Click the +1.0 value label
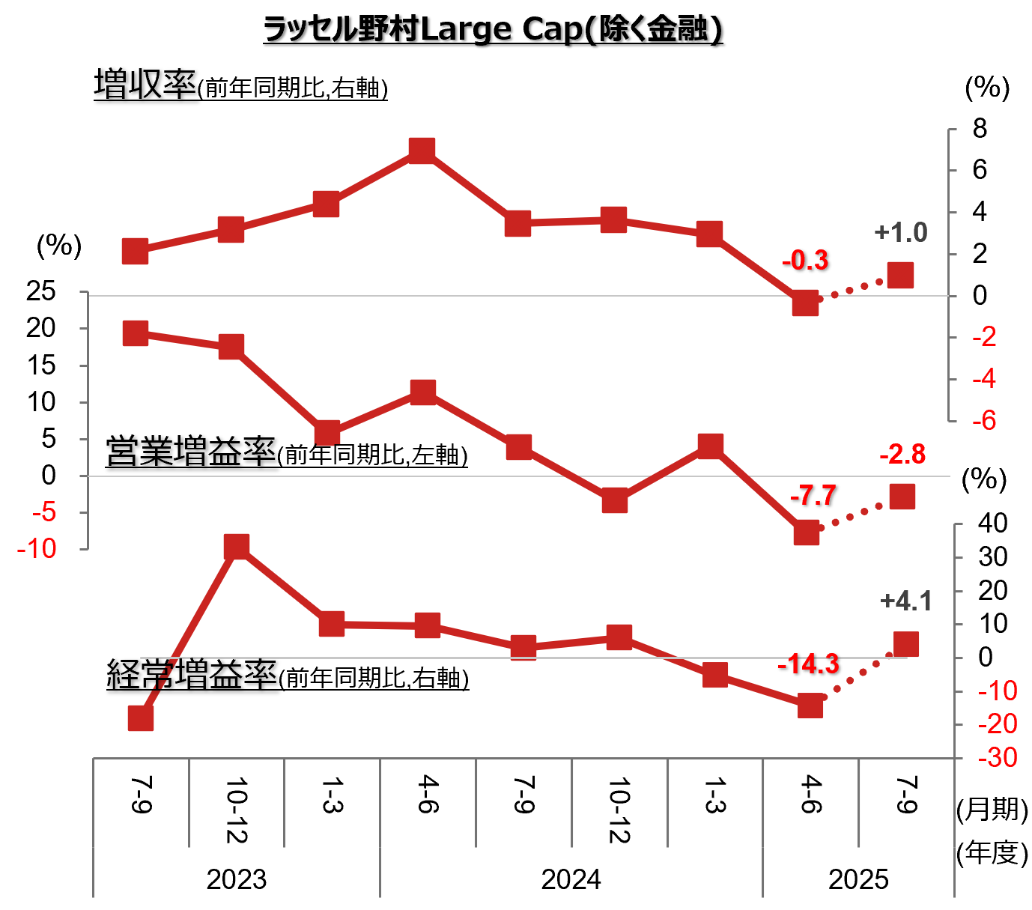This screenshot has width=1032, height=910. [900, 233]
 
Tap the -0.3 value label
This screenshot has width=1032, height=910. [805, 261]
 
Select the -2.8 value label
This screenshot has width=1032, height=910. [902, 455]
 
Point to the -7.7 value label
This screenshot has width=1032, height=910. [813, 496]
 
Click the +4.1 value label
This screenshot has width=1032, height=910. [905, 601]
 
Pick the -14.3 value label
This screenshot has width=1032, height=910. [808, 665]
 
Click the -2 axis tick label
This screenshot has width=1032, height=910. [984, 337]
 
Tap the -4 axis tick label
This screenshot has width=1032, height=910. [984, 379]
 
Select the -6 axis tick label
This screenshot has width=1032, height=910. [984, 420]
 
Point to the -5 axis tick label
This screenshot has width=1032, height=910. [44, 513]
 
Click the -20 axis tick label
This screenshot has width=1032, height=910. [998, 724]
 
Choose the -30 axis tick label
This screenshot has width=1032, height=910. [998, 758]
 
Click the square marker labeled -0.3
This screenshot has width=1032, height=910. [805, 303]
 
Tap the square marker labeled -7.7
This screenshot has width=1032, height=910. [807, 533]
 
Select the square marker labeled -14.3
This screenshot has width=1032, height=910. [810, 706]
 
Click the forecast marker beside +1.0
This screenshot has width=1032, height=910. [900, 276]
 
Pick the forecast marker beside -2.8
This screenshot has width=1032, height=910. [902, 496]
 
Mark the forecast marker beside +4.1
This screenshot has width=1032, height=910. [906, 644]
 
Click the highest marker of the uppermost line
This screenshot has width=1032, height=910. [422, 151]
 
